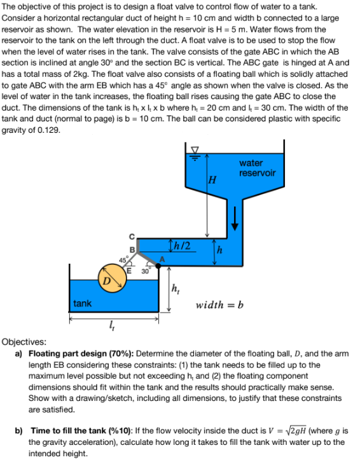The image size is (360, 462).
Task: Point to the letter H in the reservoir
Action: coord(212,182)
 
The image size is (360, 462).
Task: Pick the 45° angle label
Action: coord(122,259)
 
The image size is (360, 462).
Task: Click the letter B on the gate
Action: coord(132,249)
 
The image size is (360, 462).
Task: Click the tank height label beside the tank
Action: coord(176,290)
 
